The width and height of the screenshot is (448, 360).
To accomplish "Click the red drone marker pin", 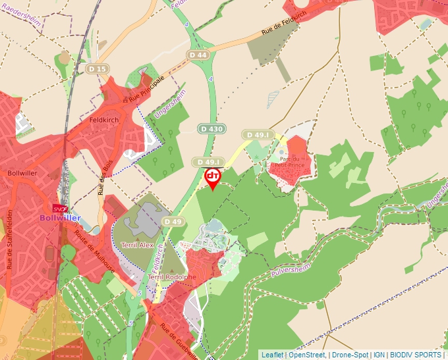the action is [x=212, y=178].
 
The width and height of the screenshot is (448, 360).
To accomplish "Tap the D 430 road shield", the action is [x=211, y=129].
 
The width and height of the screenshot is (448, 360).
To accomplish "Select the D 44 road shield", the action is [x=197, y=55].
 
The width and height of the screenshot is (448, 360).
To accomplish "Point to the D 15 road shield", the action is [x=98, y=68].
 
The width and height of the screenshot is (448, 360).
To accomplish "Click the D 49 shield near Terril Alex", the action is [x=173, y=222].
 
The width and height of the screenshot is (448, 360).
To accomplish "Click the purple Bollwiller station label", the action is [x=60, y=218].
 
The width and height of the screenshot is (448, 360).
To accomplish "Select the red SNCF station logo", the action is [x=61, y=207].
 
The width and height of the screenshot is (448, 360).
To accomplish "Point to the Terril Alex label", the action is [x=138, y=245].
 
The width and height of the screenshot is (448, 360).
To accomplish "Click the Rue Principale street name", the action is [x=145, y=88].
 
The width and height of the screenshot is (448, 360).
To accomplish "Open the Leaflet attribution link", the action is [x=272, y=355].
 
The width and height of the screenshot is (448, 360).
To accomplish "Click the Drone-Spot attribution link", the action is [x=350, y=355].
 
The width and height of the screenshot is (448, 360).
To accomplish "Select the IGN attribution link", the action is [x=380, y=355].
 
